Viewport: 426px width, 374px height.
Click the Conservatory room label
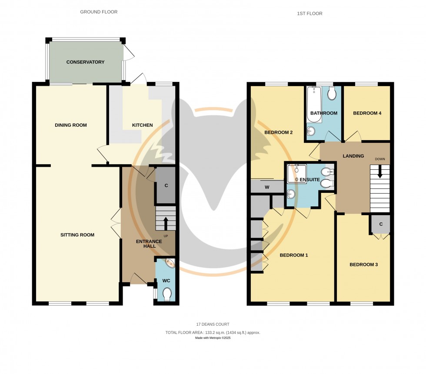coord(85,62)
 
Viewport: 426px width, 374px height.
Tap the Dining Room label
coord(71,125)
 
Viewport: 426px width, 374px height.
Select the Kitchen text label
coord(143,125)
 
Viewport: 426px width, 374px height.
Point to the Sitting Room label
coord(77,235)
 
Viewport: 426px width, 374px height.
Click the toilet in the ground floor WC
coord(166,295)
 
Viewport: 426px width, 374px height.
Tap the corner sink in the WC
coord(169,263)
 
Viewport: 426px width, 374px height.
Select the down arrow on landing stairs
coord(380,172)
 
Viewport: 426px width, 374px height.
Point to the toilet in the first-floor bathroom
coord(332,93)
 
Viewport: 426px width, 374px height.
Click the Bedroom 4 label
coord(367,113)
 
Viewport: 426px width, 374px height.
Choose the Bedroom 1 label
coord(293,255)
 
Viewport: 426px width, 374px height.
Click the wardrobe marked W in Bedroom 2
coord(267,188)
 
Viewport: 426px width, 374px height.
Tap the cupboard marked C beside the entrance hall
coord(166,185)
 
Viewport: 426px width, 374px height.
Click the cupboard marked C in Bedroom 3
coord(380,224)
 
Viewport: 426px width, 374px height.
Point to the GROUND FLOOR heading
coord(99,12)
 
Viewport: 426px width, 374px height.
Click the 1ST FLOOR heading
coord(310,13)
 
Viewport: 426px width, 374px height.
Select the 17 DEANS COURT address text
coord(213,324)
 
